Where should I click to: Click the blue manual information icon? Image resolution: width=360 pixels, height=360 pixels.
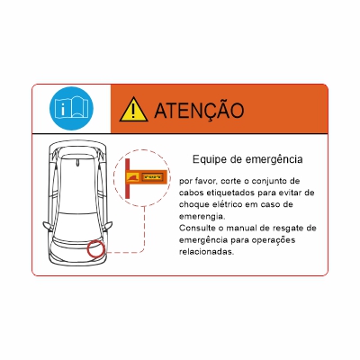click(69, 109)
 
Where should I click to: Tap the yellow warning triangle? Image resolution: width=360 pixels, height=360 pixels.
click(133, 110)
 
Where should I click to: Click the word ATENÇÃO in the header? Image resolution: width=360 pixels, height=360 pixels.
click(199, 110)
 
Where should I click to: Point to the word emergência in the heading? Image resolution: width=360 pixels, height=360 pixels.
click(272, 159)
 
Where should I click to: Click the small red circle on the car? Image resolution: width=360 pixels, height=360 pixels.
click(96, 249)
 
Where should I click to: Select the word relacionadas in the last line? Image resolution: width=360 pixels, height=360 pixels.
click(207, 251)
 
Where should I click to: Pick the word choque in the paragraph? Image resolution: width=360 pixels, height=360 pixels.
click(196, 204)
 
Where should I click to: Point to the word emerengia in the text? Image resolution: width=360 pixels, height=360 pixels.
click(202, 216)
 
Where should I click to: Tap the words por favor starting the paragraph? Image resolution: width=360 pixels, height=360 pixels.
click(198, 181)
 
